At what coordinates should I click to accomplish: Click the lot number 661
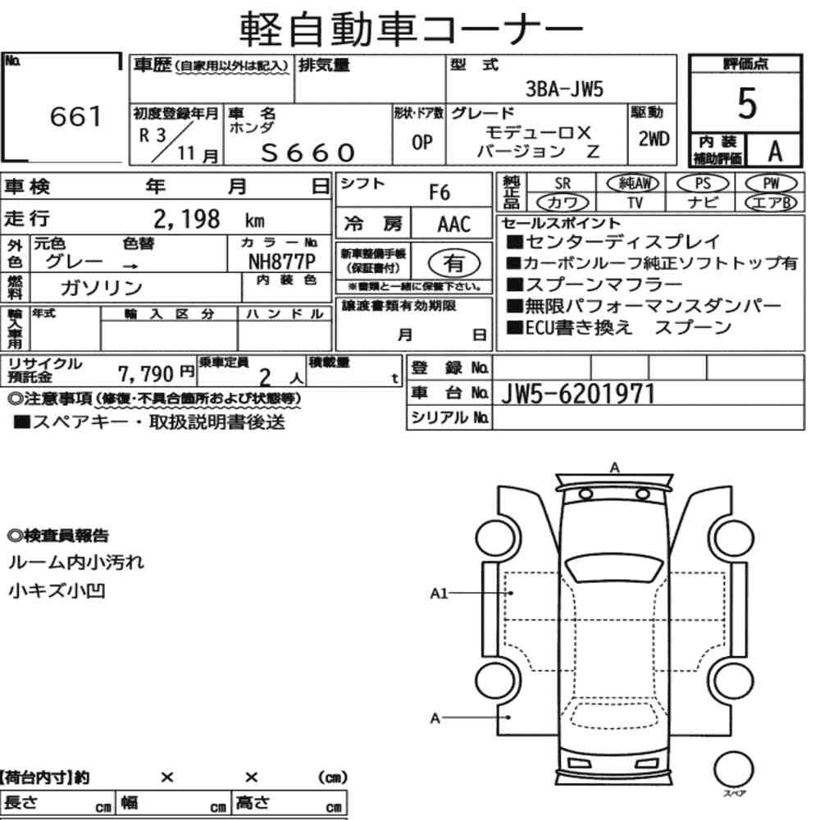pos(75,116)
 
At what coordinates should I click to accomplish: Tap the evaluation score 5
pos(747,103)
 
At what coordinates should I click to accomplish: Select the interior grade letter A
pos(775,152)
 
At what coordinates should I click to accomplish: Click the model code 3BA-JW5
pos(564,89)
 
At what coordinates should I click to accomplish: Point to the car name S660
pos(308,153)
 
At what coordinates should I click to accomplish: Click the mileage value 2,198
pos(187,219)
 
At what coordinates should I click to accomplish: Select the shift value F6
pos(440,193)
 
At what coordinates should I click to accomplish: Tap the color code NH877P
pos(282,261)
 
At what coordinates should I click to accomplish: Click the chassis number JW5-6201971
pos(578,394)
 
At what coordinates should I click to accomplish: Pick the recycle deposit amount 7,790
pos(145,374)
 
